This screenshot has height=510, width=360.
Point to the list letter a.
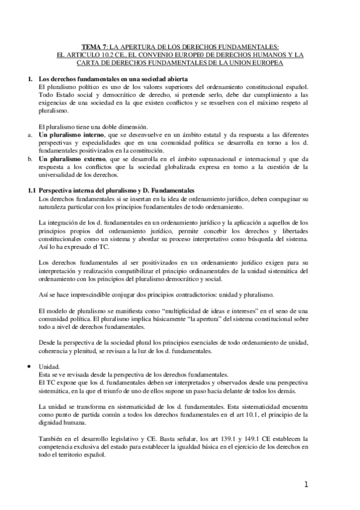tap(29, 135)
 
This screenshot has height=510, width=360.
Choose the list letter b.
tap(29, 159)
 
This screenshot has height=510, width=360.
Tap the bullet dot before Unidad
tap(30, 366)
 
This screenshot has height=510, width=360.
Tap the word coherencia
tap(58, 351)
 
